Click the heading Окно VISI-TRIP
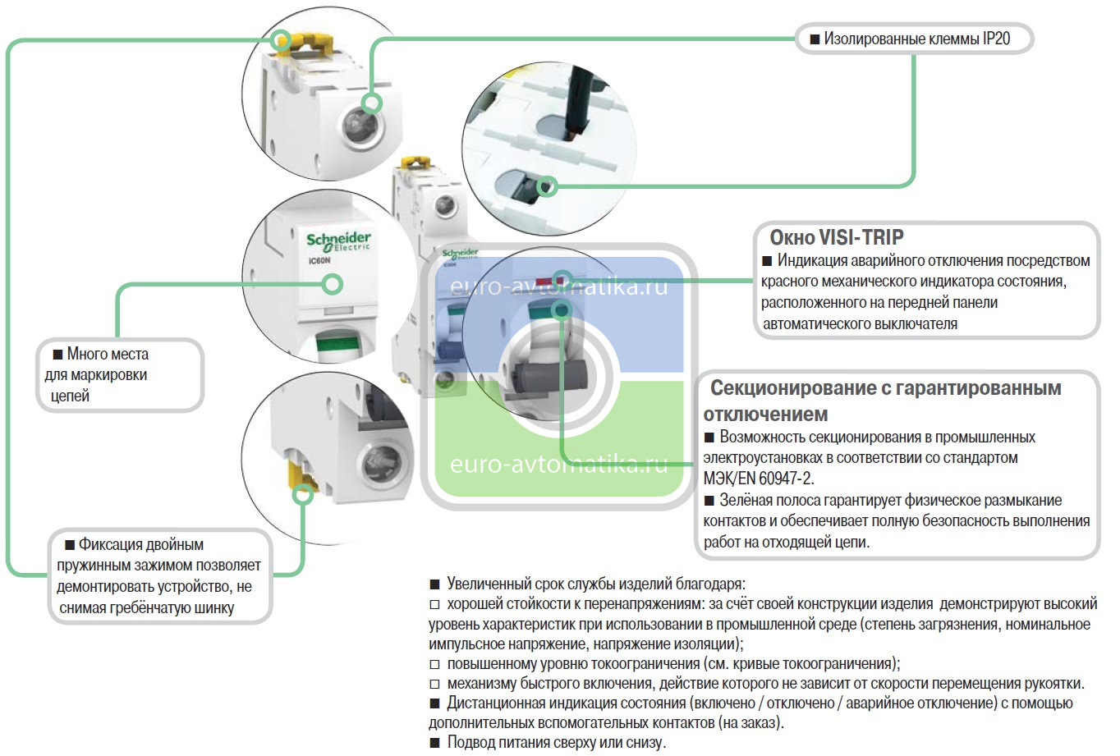tap(836, 238)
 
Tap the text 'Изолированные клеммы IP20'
tap(916, 39)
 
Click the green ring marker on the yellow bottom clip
tap(304, 493)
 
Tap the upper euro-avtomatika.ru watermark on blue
tap(558, 288)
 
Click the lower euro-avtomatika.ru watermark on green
tap(558, 465)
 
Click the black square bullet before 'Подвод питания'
tap(435, 744)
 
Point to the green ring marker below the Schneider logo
tap(333, 284)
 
